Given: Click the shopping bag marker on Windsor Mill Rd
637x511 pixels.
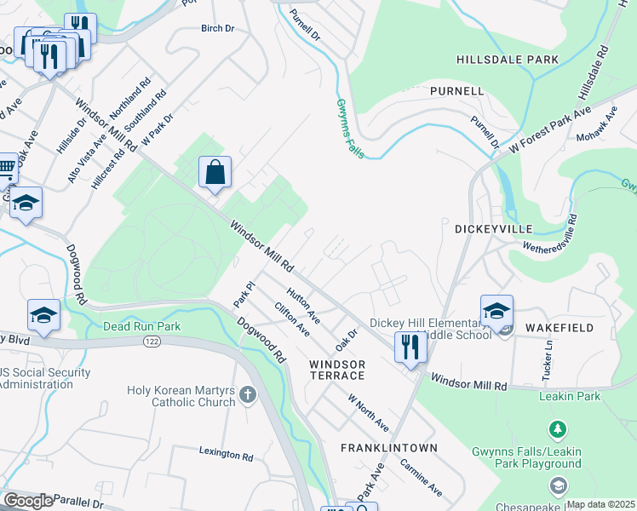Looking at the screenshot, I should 216,172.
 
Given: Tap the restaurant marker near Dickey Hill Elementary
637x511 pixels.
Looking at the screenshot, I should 410,347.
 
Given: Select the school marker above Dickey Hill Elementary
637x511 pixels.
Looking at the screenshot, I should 496,310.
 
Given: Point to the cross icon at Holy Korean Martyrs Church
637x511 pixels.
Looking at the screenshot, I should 247,394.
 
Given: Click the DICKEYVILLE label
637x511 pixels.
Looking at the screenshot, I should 493,229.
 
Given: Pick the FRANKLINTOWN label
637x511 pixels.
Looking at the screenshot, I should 389,447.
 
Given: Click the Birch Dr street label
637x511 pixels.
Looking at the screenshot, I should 217,28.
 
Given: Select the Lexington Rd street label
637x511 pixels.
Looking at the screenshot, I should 227,455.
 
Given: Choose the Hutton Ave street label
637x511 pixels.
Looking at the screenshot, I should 303,307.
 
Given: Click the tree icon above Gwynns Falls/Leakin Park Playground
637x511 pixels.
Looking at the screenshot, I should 558,428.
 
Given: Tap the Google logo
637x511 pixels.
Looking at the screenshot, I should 28,501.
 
